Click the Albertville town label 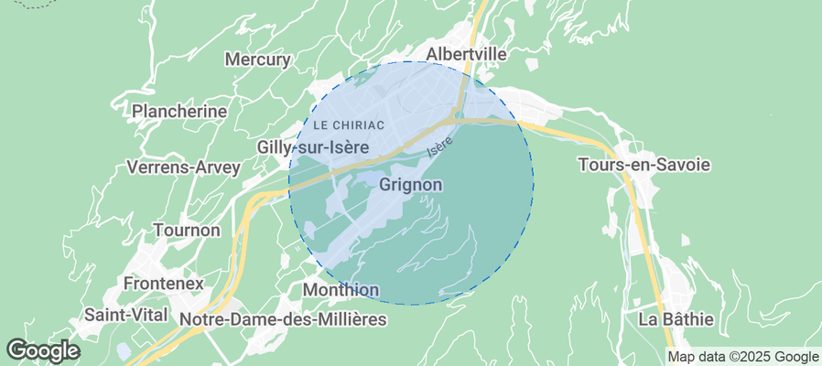pos(466,54)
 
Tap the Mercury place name pos(257,60)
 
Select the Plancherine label pos(179,111)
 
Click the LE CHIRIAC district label pos(347,124)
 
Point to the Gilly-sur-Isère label pos(313,147)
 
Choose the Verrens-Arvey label pos(183,167)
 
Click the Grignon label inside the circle pos(410,185)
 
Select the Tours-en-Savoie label pos(644,165)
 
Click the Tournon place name pos(187,230)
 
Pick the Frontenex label pos(163,284)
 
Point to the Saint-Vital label pos(125,314)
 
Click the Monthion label pos(340,290)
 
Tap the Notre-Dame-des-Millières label pos(284,319)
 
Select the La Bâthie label pos(676,319)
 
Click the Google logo pos(42,350)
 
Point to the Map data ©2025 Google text pos(742,357)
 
